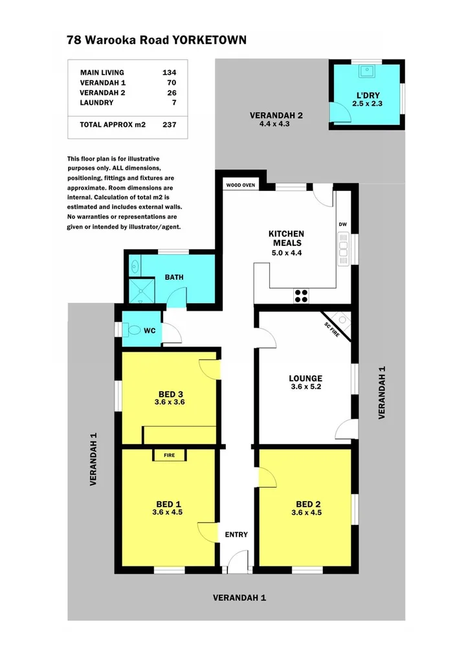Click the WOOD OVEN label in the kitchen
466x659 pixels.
click(x=240, y=185)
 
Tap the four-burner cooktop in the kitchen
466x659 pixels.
click(x=301, y=295)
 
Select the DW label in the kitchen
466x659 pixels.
click(x=342, y=225)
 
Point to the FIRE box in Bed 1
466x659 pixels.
click(x=169, y=455)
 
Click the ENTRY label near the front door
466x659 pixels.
click(x=236, y=534)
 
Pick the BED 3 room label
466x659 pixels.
click(x=169, y=393)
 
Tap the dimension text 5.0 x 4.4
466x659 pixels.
click(x=286, y=253)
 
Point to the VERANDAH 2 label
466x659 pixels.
click(x=276, y=116)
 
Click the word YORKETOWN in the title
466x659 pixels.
click(x=209, y=40)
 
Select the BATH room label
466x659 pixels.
click(x=174, y=277)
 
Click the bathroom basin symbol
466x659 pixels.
click(x=134, y=264)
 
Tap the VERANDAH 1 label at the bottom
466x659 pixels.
click(x=239, y=598)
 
